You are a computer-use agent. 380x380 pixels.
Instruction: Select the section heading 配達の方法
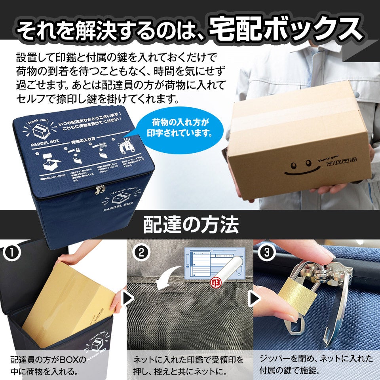[x=190, y=225]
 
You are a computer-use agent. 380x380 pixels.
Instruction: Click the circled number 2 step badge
[x=141, y=253]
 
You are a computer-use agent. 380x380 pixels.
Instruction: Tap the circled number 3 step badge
[x=266, y=253]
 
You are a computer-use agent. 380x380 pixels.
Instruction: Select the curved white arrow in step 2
[x=169, y=277]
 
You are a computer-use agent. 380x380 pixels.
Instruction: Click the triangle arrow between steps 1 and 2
[x=128, y=298]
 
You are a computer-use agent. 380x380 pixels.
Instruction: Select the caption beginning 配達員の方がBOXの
[x=48, y=366]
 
